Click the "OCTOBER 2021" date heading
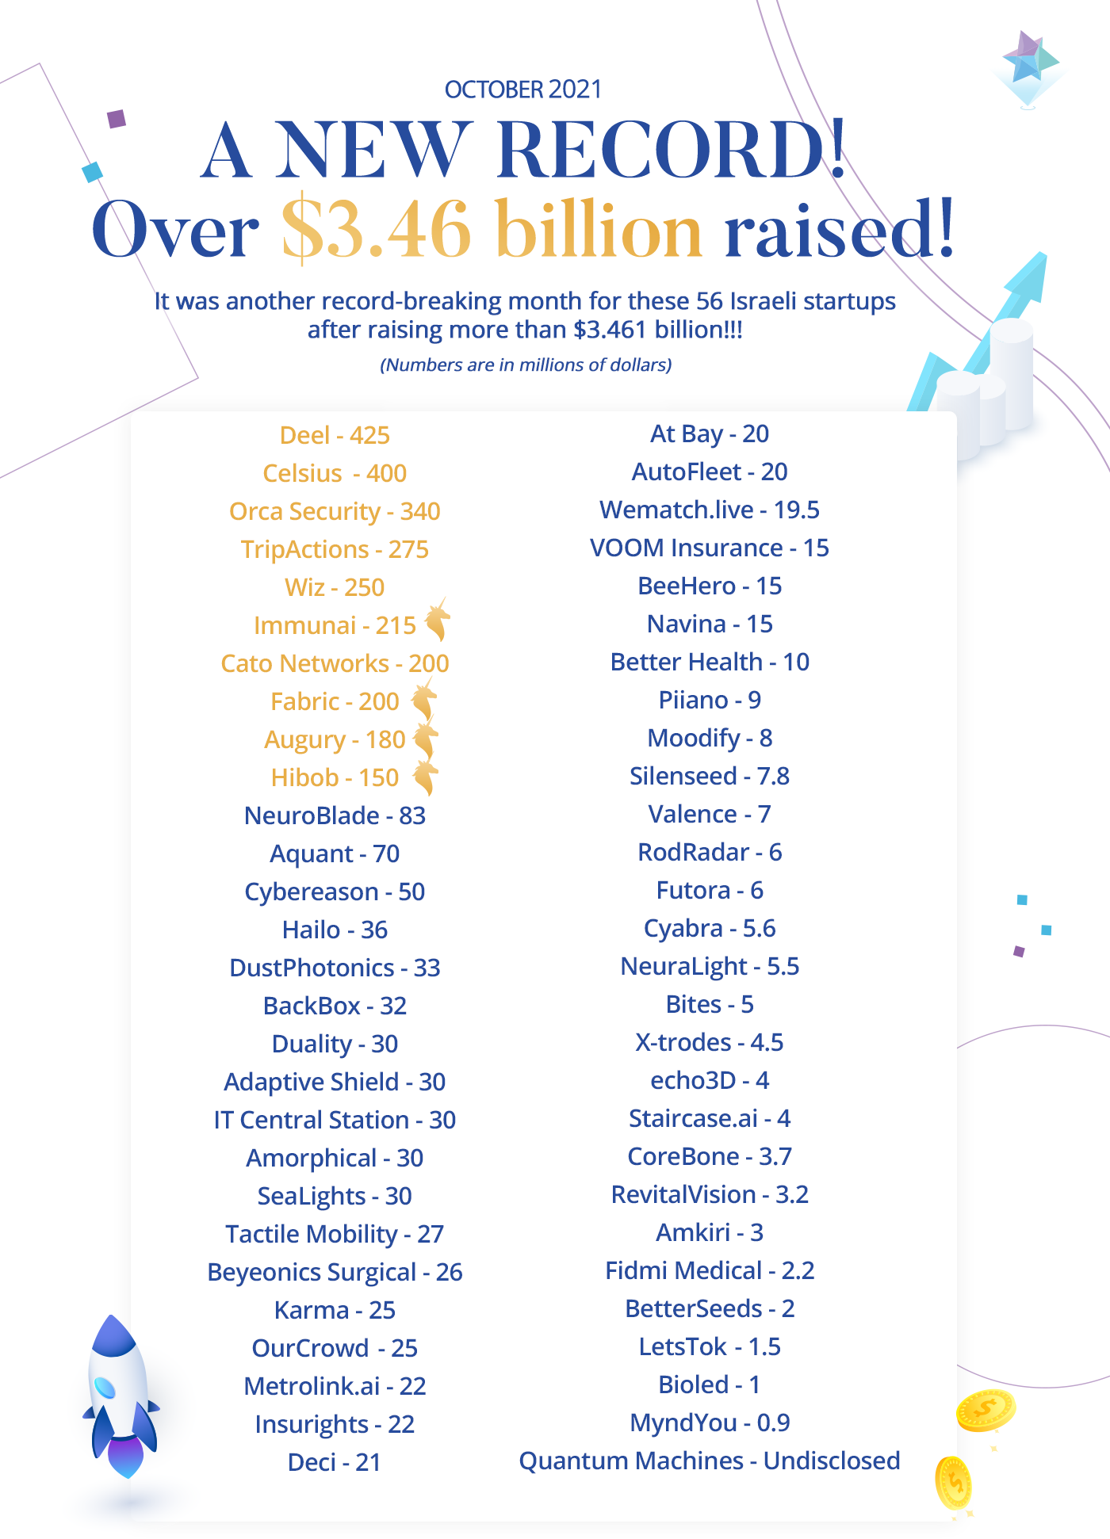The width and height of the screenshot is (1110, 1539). [x=523, y=90]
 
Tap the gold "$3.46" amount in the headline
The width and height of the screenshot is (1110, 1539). [x=377, y=230]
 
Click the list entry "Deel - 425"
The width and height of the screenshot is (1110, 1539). [x=335, y=435]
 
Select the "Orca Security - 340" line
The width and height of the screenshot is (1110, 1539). [x=335, y=511]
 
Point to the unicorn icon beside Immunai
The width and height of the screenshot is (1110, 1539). [x=437, y=620]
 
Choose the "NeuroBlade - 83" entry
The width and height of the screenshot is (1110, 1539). [x=335, y=815]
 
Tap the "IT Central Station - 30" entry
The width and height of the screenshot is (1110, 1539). [x=335, y=1120]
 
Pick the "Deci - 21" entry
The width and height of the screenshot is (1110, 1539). [x=335, y=1462]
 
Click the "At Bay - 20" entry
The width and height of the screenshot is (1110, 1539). [x=710, y=433]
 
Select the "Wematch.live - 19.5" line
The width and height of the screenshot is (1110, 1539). [x=710, y=510]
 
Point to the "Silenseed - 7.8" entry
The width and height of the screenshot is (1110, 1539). [x=710, y=776]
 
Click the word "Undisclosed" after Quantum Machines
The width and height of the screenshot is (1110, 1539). [x=832, y=1461]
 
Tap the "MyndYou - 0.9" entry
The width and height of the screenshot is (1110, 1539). [x=710, y=1423]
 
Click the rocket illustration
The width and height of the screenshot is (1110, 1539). [x=120, y=1395]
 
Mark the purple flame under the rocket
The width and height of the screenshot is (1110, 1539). [x=125, y=1457]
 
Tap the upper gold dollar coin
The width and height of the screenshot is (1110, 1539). [x=986, y=1411]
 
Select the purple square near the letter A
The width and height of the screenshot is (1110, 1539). [x=117, y=119]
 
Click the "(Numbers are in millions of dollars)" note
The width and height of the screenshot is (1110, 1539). [x=526, y=365]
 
